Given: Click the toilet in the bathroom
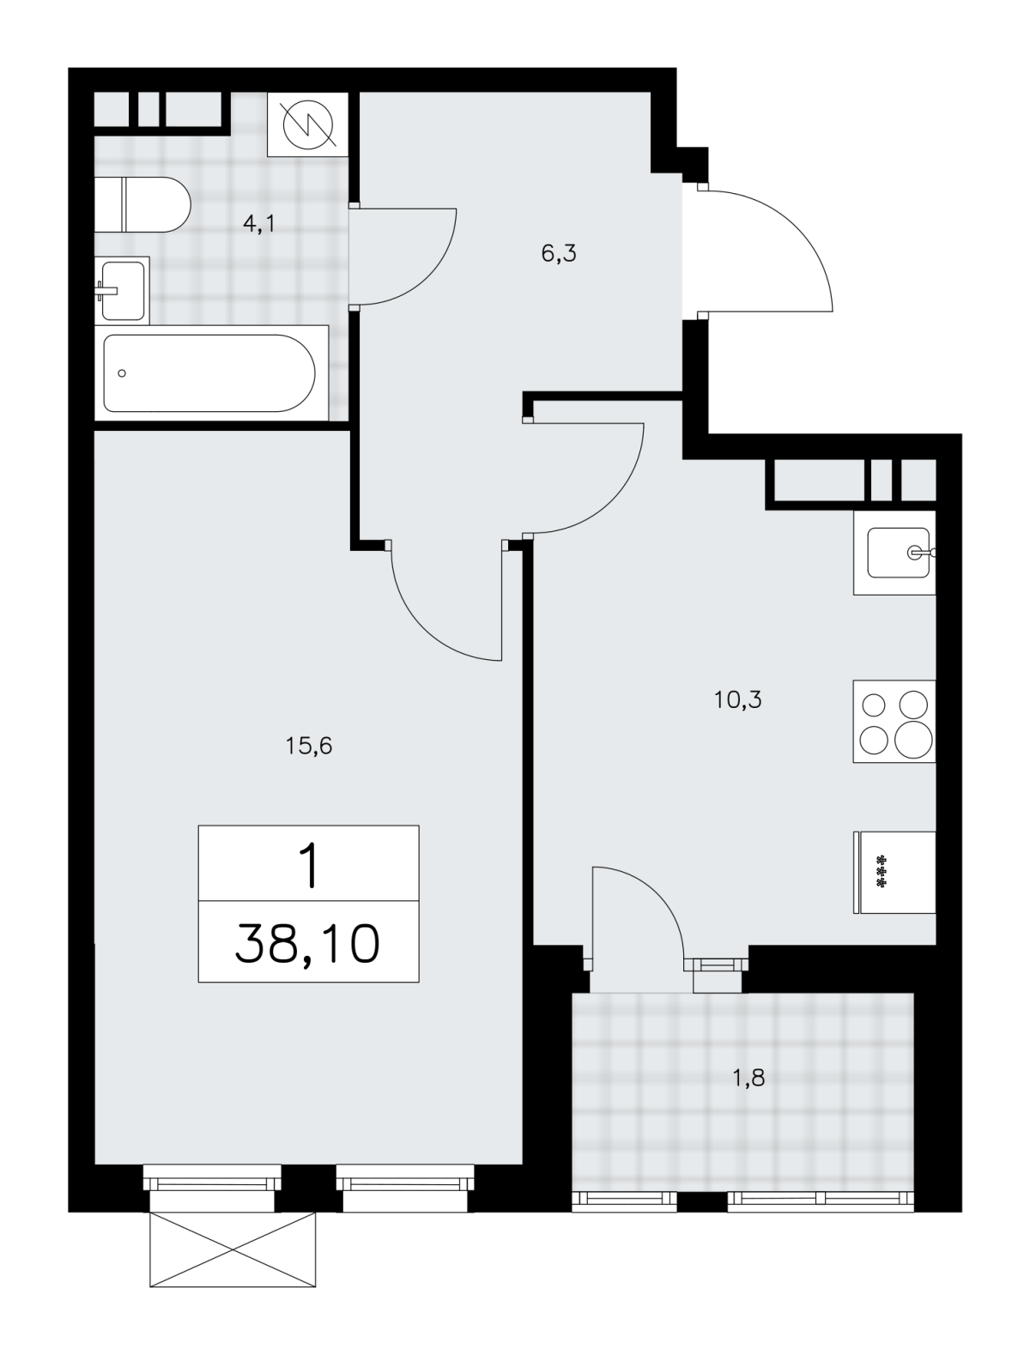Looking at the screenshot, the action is click(142, 204).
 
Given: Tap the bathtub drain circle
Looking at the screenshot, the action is click(122, 372).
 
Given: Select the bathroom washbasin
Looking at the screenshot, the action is click(122, 290).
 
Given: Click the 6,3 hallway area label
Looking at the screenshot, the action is click(559, 254).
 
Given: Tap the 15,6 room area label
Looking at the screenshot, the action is click(309, 747).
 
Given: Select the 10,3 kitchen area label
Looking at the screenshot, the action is click(737, 700).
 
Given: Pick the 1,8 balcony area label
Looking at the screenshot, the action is click(748, 1078).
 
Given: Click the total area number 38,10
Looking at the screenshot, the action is click(307, 945).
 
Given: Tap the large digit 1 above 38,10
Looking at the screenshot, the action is click(308, 866).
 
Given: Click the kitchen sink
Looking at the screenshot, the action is click(894, 553).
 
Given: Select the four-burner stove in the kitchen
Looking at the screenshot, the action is click(894, 721).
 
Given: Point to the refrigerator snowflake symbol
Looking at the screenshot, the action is click(881, 872).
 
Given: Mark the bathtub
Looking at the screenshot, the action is click(210, 372).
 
